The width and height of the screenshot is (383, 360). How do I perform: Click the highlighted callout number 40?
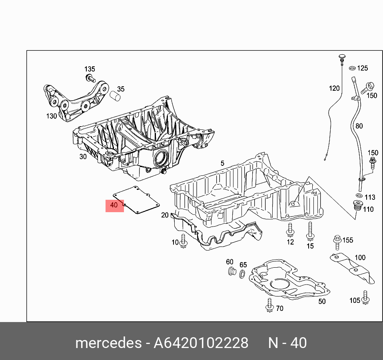[x=114, y=205]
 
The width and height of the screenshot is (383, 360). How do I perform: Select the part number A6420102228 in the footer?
[x=201, y=343]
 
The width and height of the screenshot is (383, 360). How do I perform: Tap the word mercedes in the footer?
[x=108, y=343]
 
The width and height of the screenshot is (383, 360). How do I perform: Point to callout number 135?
[x=89, y=69]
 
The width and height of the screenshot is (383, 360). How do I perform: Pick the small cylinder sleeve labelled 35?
[x=116, y=96]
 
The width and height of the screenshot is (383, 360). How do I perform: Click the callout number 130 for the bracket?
[x=52, y=116]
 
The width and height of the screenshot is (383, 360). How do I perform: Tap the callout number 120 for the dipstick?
[x=334, y=88]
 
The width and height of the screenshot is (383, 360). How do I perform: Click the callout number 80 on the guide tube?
[x=359, y=126]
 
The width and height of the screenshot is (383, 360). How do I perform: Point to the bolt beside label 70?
[x=269, y=305]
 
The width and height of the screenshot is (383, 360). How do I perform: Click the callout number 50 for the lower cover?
[x=322, y=301]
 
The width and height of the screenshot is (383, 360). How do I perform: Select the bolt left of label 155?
[x=337, y=241]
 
